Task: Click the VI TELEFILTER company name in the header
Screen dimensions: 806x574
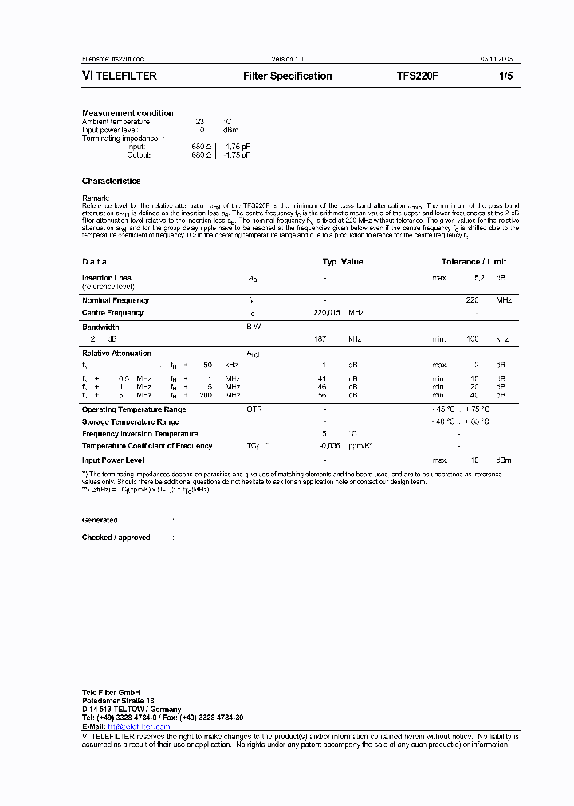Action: [x=120, y=76]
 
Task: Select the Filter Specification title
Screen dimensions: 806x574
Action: [x=287, y=76]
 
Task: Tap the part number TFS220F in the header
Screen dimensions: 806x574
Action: [x=418, y=76]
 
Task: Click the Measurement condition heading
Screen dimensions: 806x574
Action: [x=128, y=113]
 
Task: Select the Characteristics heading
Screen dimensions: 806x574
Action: [x=111, y=181]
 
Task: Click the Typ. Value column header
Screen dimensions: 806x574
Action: [x=342, y=261]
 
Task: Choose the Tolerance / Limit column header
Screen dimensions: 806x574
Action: [x=474, y=261]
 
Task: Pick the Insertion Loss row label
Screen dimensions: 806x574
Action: [x=107, y=278]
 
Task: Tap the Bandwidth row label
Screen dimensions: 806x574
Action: [x=100, y=327]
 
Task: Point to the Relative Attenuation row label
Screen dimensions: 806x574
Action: [x=116, y=353]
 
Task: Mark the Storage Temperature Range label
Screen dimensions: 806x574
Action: [x=130, y=421]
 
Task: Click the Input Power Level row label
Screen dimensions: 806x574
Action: [x=112, y=460]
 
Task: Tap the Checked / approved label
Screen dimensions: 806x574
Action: [x=116, y=538]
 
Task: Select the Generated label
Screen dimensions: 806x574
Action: [x=100, y=520]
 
